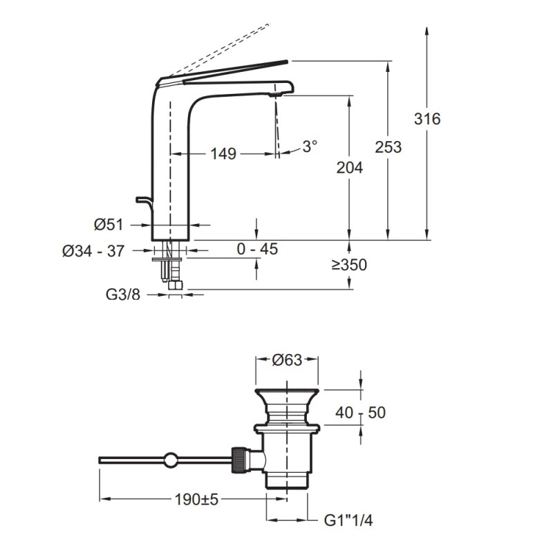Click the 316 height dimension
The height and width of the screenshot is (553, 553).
click(x=427, y=119)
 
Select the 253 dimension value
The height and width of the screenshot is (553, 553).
click(x=388, y=147)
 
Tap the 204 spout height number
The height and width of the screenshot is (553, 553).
click(x=348, y=167)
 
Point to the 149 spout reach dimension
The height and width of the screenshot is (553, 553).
click(x=223, y=153)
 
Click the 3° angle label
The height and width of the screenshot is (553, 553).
click(x=310, y=147)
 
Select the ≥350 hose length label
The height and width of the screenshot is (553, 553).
click(x=348, y=265)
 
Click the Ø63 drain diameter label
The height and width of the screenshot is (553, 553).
click(x=287, y=359)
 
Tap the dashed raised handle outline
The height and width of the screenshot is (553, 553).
click(x=221, y=48)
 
